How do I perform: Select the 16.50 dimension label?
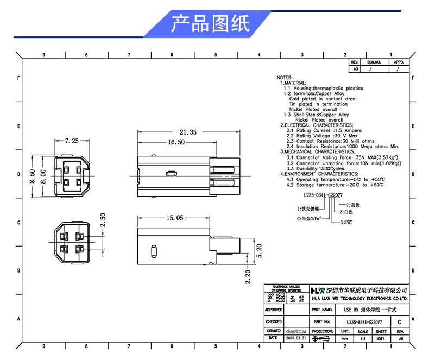coord(176,142)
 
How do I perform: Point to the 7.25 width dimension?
coord(72,141)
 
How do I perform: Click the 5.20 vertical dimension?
coord(259,250)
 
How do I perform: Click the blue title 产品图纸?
coord(210,24)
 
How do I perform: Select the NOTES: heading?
coord(285,78)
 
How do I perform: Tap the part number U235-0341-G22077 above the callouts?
coord(323,194)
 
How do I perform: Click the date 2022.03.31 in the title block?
coord(296,338)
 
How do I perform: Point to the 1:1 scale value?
coord(363,338)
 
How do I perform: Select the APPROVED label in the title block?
coord(274,310)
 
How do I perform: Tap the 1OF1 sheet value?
coord(381,338)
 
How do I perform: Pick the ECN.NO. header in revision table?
coord(374,62)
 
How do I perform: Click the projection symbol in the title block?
coord(323,338)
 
